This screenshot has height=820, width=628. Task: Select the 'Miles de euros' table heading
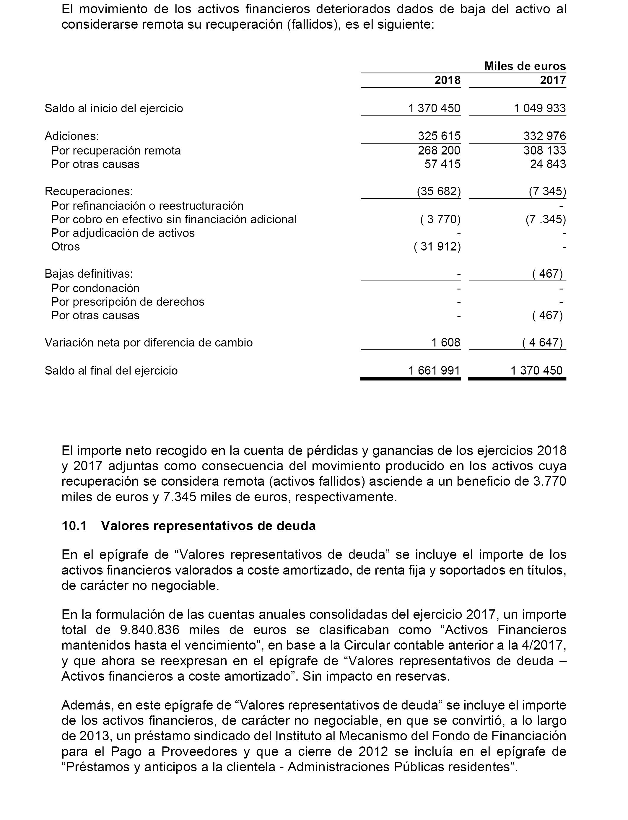525,66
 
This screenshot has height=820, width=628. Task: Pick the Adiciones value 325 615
439,136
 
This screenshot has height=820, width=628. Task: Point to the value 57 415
442,164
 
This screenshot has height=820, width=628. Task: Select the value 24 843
548,164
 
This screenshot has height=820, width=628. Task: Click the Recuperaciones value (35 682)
438,191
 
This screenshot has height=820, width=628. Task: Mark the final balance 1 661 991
434,370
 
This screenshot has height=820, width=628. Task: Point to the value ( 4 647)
542,343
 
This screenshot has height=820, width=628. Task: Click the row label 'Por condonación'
95,288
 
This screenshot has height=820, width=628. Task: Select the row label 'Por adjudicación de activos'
123,233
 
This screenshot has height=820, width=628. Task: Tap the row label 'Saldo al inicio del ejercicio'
114,108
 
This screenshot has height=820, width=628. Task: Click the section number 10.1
74,526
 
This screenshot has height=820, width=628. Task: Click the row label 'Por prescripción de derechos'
128,302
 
